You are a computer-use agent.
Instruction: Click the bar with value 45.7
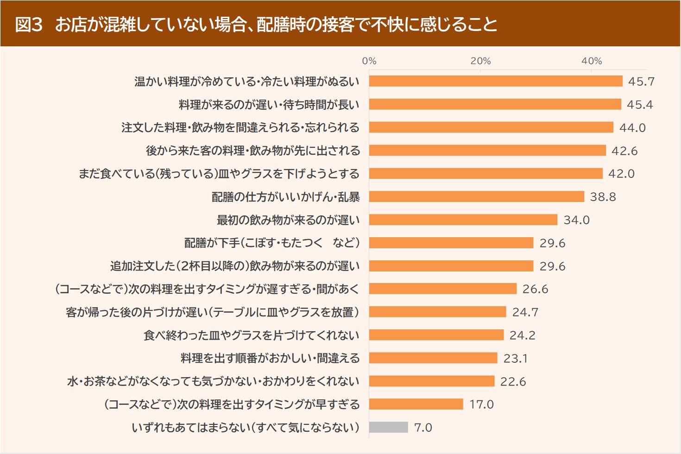496,81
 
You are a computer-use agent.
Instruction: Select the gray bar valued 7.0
389,427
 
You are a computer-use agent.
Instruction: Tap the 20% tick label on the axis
480,61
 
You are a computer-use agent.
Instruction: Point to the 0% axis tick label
369,61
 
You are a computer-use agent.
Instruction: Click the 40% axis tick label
592,61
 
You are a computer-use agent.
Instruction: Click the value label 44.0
632,127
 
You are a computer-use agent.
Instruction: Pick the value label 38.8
603,197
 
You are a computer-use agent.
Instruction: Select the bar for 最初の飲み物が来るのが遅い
463,220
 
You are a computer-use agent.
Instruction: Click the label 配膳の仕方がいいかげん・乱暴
285,197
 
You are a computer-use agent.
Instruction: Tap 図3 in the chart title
29,24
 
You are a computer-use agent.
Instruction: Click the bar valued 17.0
416,404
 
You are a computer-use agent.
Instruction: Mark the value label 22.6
513,381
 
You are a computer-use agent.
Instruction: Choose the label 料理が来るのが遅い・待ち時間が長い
269,105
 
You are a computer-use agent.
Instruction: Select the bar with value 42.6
487,151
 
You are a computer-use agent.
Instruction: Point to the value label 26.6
535,289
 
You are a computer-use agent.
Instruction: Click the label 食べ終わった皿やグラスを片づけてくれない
252,335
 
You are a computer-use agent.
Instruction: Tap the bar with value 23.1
433,358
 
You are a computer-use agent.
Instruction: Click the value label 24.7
525,312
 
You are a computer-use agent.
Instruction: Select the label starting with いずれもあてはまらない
246,427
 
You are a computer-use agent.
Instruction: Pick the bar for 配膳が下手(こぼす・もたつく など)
451,243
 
